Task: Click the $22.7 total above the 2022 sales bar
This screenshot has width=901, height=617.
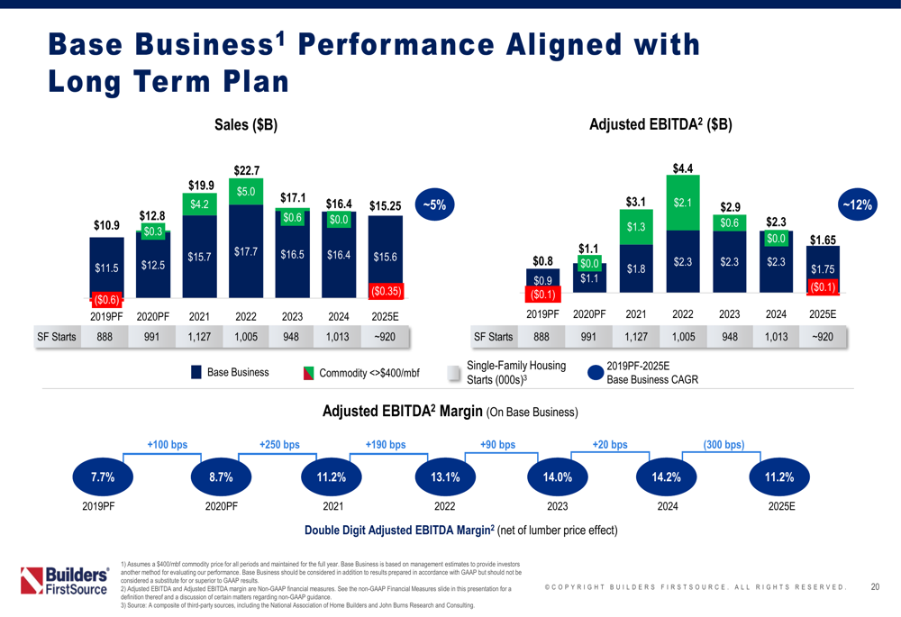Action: click(247, 170)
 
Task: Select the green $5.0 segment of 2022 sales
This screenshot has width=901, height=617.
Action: click(247, 192)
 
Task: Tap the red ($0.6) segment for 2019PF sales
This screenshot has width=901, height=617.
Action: click(106, 299)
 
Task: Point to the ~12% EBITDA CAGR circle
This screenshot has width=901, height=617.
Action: click(855, 205)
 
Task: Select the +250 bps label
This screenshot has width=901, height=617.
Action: click(279, 444)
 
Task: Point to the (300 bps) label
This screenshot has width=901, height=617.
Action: click(724, 444)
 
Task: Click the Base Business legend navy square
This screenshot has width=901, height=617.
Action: click(196, 373)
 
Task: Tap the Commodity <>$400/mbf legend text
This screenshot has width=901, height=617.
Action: click(370, 373)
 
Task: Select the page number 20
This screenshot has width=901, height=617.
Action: click(875, 587)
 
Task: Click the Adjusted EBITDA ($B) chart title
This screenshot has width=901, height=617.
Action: click(660, 127)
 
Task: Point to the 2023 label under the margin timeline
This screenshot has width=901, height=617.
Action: click(557, 506)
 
